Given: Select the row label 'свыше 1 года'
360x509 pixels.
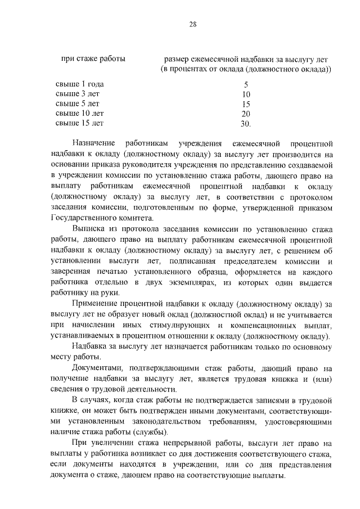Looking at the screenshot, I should coord(80,84).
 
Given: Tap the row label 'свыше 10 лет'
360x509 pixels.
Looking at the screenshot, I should coord(80,113).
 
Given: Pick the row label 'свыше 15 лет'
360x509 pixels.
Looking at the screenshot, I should coord(80,123).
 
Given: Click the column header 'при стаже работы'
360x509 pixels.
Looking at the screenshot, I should coord(93,59).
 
